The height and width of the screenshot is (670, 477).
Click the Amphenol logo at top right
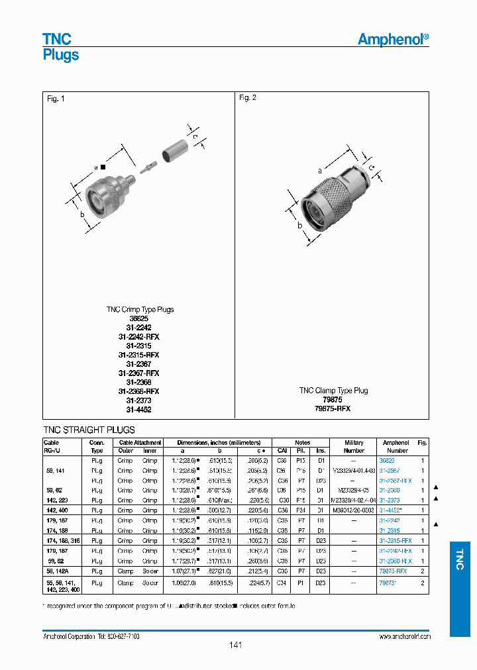(393, 40)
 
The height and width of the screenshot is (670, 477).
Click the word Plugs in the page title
(61, 55)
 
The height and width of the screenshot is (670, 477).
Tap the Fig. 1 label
(56, 99)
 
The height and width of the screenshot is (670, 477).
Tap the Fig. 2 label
(247, 98)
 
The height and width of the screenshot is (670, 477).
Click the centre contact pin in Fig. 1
(146, 162)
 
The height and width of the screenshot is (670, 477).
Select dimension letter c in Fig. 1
(195, 136)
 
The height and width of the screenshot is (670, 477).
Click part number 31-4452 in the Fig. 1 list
(139, 410)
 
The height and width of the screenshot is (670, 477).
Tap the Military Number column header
(354, 446)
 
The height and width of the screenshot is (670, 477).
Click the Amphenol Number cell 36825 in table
(386, 459)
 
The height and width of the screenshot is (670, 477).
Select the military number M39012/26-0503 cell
(354, 510)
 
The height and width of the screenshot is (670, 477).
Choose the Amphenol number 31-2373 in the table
(390, 500)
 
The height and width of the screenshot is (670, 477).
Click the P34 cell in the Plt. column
(300, 510)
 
